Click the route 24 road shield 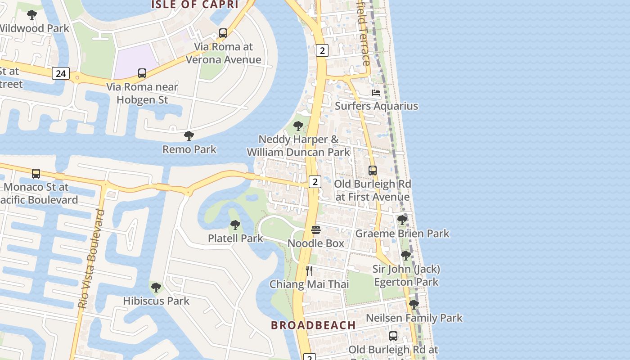pyautogui.click(x=60, y=73)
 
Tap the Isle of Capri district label pyautogui.click(x=194, y=4)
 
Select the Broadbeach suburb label pyautogui.click(x=313, y=325)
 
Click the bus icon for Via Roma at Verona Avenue pyautogui.click(x=223, y=33)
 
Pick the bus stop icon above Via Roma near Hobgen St pyautogui.click(x=142, y=73)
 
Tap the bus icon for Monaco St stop pyautogui.click(x=36, y=173)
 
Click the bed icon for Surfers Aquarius pyautogui.click(x=376, y=93)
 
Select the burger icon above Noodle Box pyautogui.click(x=316, y=230)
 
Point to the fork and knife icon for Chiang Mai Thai pyautogui.click(x=309, y=270)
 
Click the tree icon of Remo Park pyautogui.click(x=189, y=135)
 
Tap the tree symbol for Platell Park pyautogui.click(x=235, y=225)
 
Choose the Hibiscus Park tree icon pyautogui.click(x=156, y=287)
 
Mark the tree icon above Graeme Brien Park pyautogui.click(x=402, y=220)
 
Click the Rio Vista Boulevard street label pyautogui.click(x=91, y=259)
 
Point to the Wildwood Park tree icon pyautogui.click(x=32, y=15)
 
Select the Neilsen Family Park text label pyautogui.click(x=414, y=318)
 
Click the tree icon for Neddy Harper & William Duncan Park pyautogui.click(x=298, y=126)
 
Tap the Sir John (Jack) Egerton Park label pyautogui.click(x=406, y=275)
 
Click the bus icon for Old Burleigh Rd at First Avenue pyautogui.click(x=373, y=171)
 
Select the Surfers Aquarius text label pyautogui.click(x=376, y=106)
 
